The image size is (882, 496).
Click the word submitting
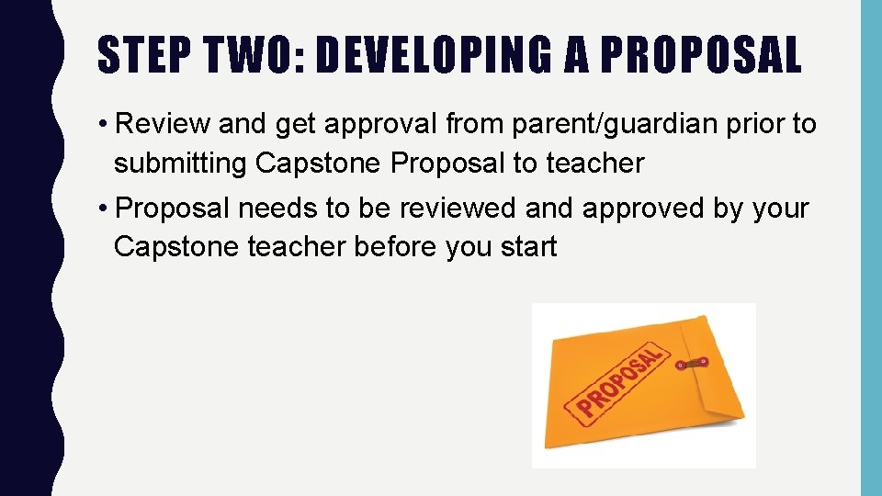click(181, 163)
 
